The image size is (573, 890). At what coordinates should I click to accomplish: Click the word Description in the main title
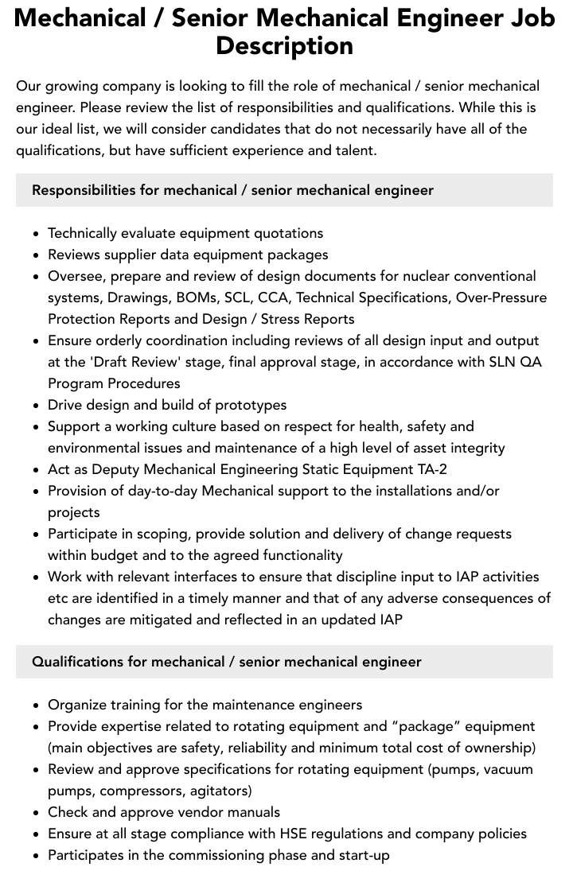(284, 45)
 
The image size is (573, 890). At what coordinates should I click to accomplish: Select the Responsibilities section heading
(232, 190)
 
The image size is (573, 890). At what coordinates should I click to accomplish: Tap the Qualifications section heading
(226, 662)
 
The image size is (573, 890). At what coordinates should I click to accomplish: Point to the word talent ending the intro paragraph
(353, 150)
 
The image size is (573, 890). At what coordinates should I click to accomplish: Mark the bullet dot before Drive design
(36, 406)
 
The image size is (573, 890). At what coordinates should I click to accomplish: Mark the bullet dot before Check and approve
(36, 813)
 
